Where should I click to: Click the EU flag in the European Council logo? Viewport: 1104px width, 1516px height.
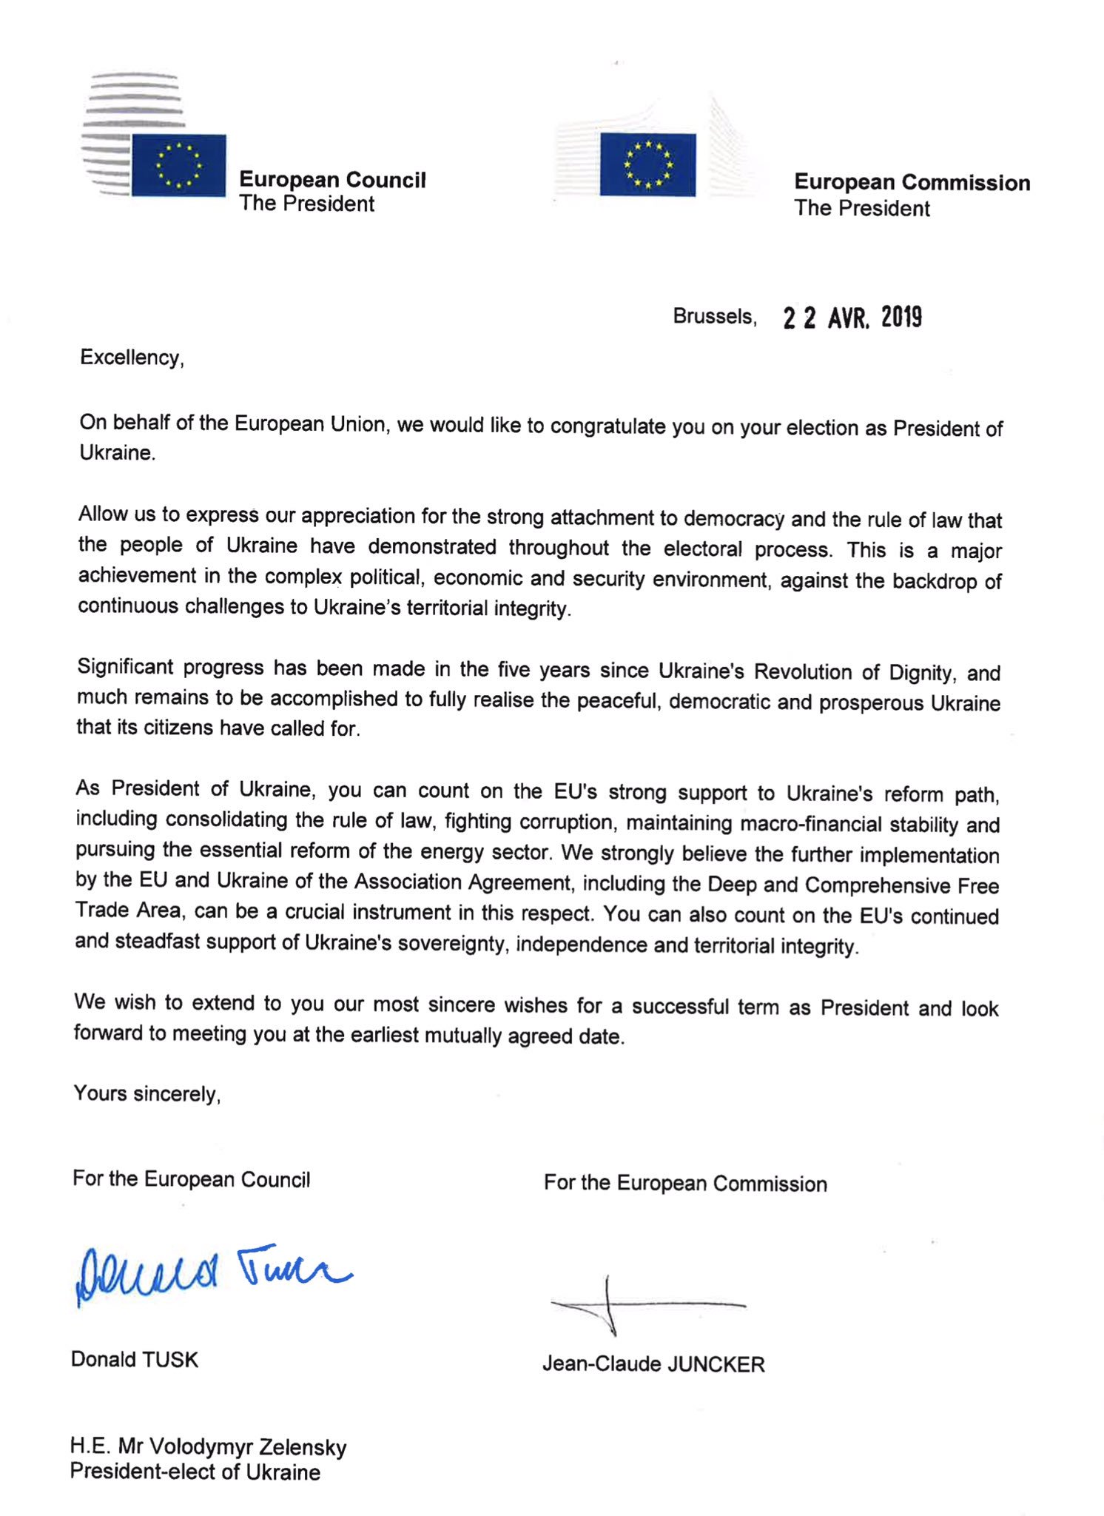click(178, 165)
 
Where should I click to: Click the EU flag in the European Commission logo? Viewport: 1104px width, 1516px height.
click(647, 164)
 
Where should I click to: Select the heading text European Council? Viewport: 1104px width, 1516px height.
click(332, 180)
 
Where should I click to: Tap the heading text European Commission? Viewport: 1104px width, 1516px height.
click(912, 183)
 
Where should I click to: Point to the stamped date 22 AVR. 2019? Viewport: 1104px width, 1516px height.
click(852, 318)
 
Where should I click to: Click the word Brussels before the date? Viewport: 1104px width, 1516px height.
click(714, 317)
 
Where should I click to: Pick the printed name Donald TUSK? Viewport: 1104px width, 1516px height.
click(135, 1360)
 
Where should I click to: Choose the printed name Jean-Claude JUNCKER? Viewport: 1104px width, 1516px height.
click(653, 1364)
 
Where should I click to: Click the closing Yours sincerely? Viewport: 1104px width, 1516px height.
click(147, 1093)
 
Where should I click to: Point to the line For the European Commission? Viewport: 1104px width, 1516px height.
click(685, 1183)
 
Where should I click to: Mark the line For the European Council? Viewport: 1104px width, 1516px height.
click(191, 1179)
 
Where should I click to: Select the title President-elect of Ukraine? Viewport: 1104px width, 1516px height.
click(195, 1472)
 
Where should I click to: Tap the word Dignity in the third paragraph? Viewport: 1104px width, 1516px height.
click(920, 673)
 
